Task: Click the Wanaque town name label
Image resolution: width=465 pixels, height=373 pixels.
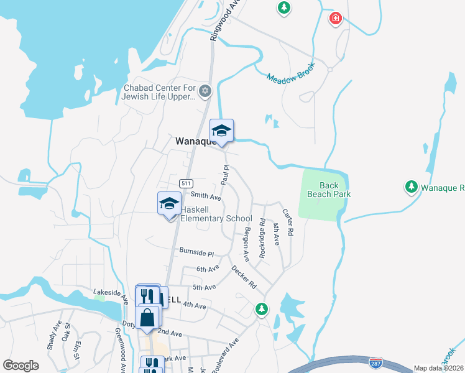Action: coord(195,140)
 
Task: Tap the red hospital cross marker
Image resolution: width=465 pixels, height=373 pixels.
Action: coord(336,19)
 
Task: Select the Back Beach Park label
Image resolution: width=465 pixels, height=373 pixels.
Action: coord(329,190)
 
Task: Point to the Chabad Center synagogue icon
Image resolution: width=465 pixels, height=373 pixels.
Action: coord(205,92)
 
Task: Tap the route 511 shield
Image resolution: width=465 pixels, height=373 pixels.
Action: coord(185,183)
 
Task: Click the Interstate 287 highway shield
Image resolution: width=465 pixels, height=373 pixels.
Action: coord(375,362)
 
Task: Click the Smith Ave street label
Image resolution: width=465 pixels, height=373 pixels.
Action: coord(206,196)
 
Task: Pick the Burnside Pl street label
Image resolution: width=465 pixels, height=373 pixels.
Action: coord(196,254)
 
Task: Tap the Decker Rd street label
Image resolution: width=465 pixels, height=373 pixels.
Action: coord(244,278)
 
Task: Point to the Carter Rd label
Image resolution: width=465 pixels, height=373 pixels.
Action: coord(287,221)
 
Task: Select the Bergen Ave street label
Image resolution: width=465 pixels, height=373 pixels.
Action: coord(246,243)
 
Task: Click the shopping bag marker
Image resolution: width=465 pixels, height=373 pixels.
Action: coord(148,318)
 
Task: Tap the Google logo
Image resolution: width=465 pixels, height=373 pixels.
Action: coord(21,366)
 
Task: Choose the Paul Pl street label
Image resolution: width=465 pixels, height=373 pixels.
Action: coord(226,175)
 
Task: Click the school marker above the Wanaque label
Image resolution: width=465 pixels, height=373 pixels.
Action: coord(221,131)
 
